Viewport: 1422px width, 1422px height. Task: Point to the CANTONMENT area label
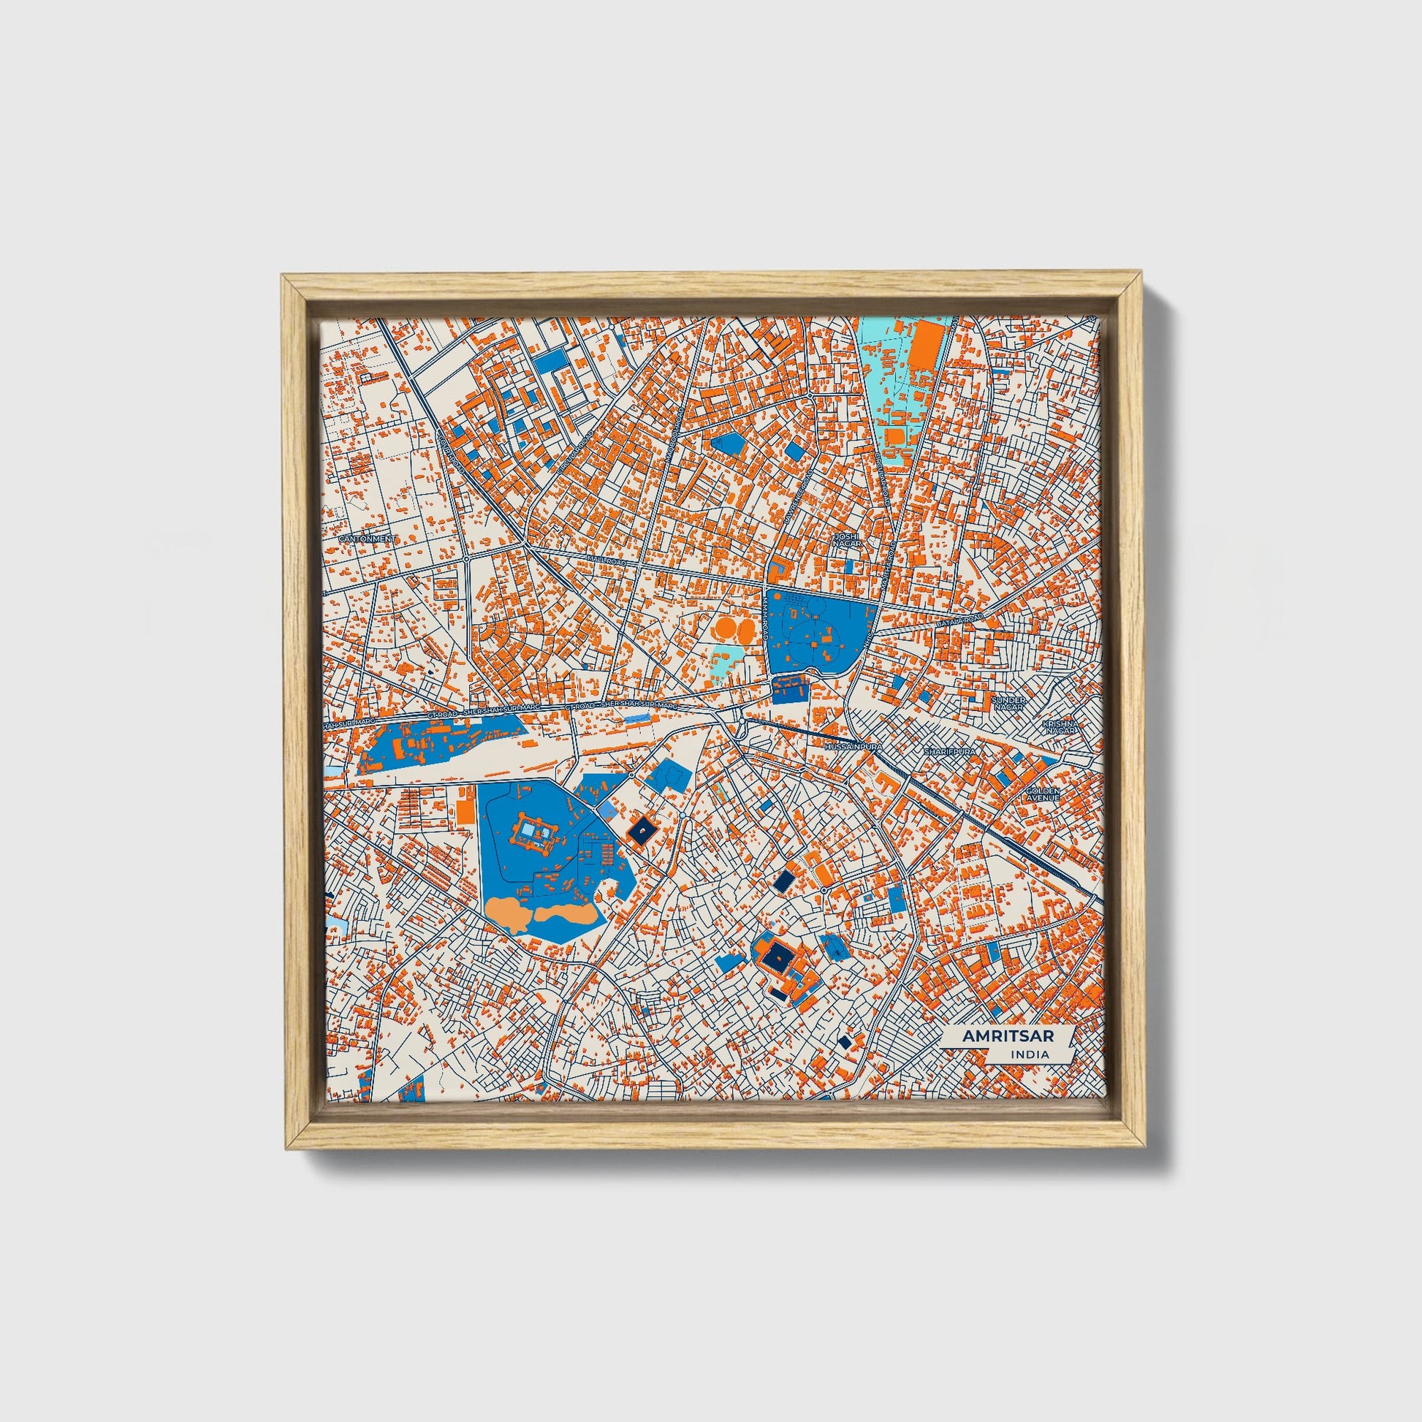(368, 539)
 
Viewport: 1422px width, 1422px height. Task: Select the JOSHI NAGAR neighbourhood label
(845, 539)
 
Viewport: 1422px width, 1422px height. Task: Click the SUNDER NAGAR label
(1008, 703)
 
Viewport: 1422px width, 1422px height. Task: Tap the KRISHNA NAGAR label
(1059, 726)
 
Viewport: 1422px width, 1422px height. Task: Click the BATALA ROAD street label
(959, 621)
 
